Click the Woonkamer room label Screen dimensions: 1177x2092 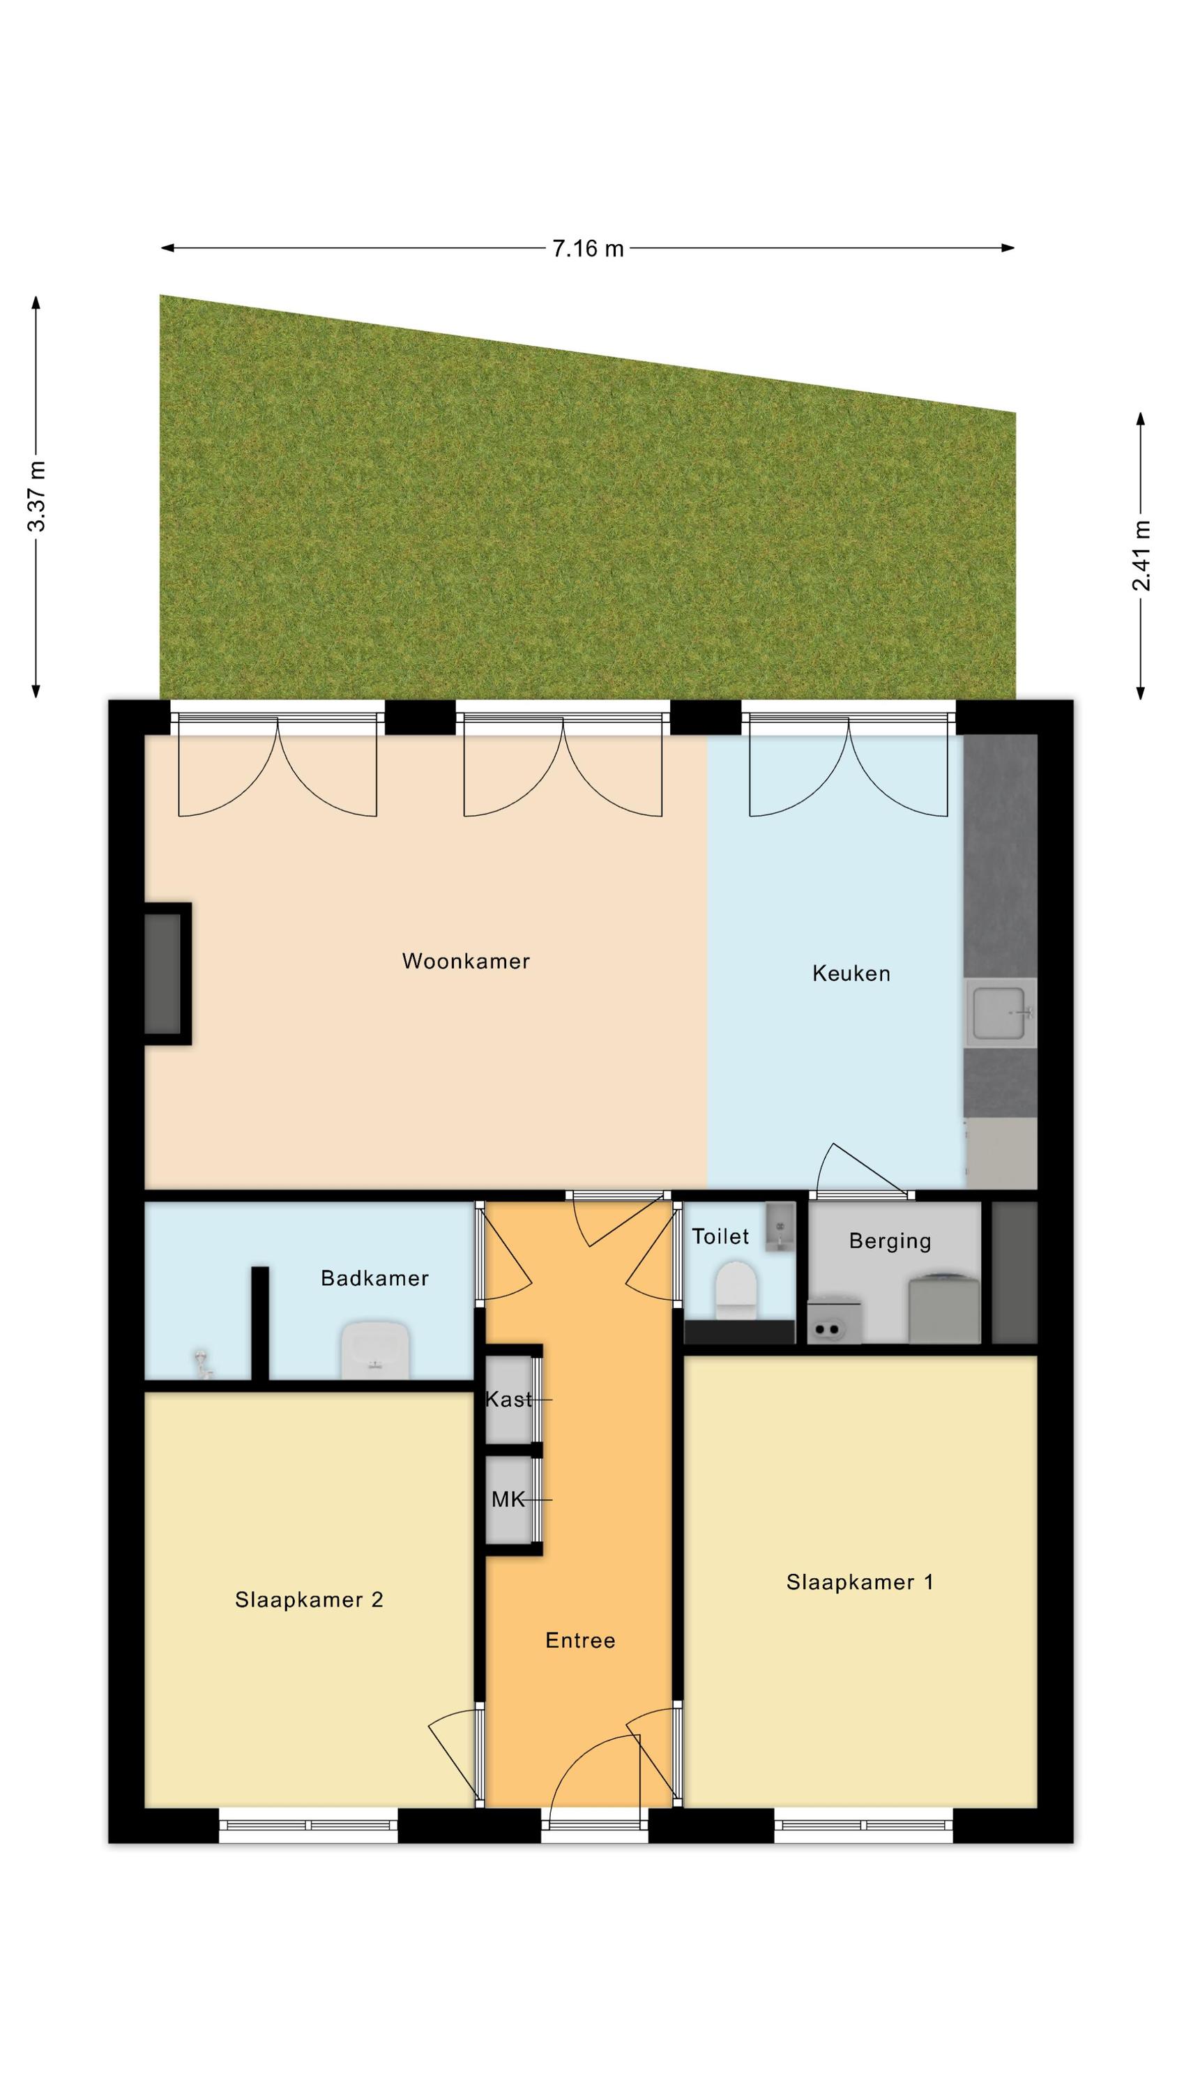point(466,962)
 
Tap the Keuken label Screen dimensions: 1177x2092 point(851,973)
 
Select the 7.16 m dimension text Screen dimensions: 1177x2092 point(588,248)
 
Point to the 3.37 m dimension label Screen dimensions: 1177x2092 point(36,495)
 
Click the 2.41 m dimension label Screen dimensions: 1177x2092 point(1141,556)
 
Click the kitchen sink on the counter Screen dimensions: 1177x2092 point(1001,1013)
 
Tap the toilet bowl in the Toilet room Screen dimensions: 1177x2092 point(736,1289)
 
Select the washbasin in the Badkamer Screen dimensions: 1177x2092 point(374,1350)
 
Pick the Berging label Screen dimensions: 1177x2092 point(890,1241)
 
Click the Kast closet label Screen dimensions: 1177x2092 point(508,1398)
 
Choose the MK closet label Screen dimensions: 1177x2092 point(508,1499)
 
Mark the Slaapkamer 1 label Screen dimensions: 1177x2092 point(860,1582)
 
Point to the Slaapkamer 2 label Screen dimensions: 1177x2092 point(309,1600)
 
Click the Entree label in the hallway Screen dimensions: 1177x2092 point(580,1640)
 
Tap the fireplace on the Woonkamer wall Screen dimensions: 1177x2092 point(167,973)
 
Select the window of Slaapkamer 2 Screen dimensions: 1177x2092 point(309,1825)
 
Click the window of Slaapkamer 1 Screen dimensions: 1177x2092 point(863,1825)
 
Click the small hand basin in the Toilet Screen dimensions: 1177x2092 point(780,1227)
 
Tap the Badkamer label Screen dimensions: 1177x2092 point(374,1278)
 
